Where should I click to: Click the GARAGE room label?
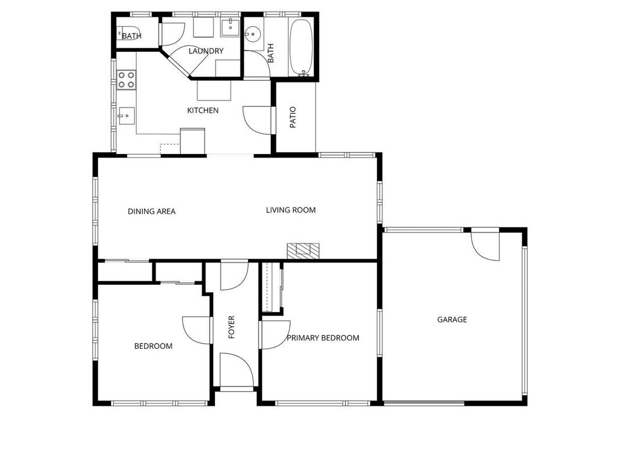tap(452, 320)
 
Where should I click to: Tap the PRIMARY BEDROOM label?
tap(323, 338)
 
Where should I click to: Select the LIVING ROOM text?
tap(291, 210)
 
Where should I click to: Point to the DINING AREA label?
tap(152, 212)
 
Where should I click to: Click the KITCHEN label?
tap(203, 110)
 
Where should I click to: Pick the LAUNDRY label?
tap(206, 51)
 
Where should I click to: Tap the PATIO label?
tap(293, 117)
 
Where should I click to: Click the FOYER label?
tap(232, 327)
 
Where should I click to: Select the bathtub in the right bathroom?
tap(302, 48)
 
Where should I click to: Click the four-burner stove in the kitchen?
tap(126, 80)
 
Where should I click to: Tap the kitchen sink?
tap(127, 116)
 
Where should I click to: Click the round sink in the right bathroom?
tap(251, 34)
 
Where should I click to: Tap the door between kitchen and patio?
tap(257, 120)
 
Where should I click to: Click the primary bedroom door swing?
tap(275, 335)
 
